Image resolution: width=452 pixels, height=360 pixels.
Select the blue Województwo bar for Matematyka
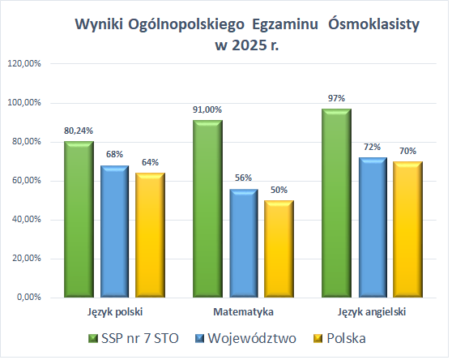244,243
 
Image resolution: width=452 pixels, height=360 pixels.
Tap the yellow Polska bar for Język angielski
407,230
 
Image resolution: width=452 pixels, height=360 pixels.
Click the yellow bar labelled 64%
151,235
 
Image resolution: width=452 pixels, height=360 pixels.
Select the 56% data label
244,178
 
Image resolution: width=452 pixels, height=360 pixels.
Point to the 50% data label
279,190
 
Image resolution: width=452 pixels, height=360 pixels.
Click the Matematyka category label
243,311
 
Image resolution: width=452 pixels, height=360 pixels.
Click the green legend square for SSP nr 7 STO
91,336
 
